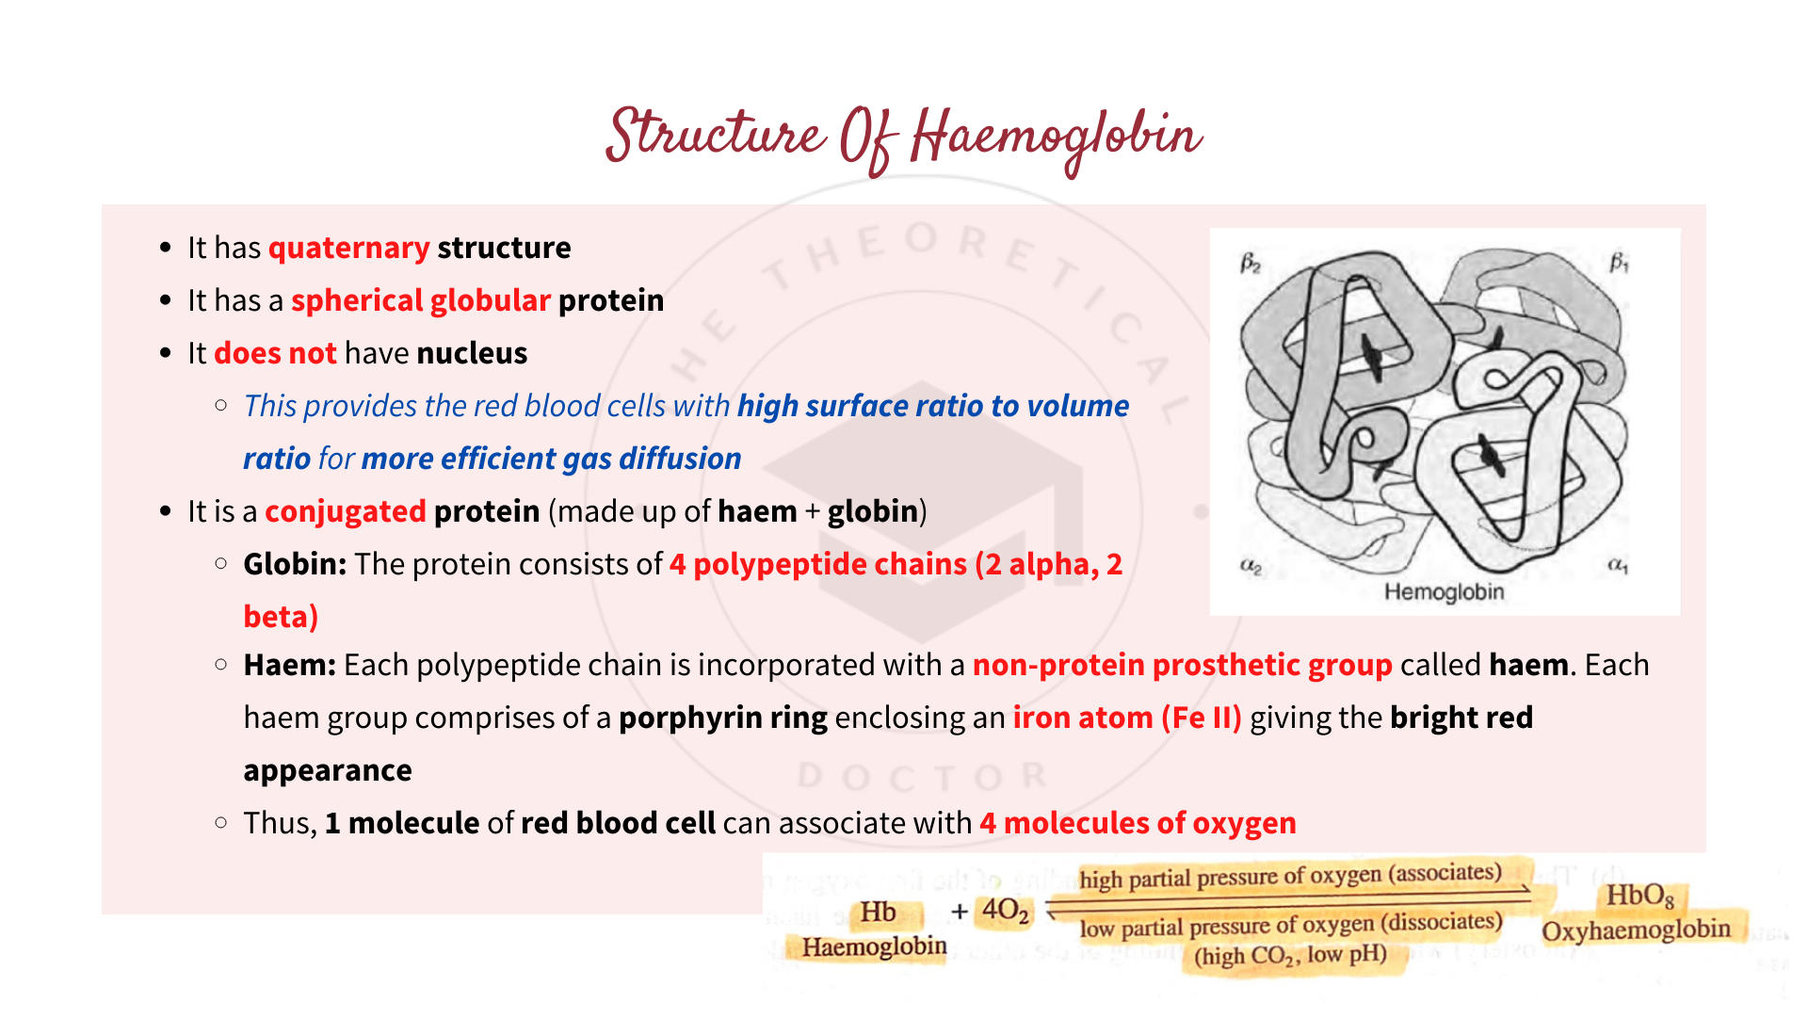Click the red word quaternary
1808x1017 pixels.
click(348, 248)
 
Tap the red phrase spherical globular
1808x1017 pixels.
click(420, 300)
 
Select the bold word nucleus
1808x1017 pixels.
click(472, 353)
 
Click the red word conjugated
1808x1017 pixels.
click(345, 511)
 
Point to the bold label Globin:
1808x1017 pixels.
click(295, 564)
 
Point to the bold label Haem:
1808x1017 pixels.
click(289, 665)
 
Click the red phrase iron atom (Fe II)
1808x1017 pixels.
click(1126, 718)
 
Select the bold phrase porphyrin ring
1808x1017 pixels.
click(722, 718)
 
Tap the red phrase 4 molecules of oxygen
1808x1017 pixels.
click(1138, 823)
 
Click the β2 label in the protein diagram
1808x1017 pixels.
click(1251, 264)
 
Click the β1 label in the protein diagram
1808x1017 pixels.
click(1619, 263)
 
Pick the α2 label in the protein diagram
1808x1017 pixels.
click(1251, 566)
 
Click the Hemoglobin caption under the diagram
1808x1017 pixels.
click(1444, 592)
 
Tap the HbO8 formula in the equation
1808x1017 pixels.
click(1639, 896)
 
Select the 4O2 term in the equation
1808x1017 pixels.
click(1005, 911)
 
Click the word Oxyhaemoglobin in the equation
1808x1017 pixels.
click(1636, 930)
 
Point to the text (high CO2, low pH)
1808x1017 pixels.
click(1290, 956)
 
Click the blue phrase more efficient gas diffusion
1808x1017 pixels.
click(551, 459)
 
